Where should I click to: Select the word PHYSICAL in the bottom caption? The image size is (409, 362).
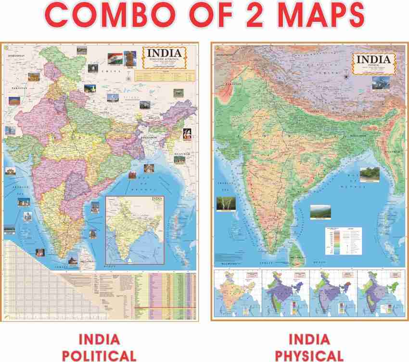pyautogui.click(x=309, y=355)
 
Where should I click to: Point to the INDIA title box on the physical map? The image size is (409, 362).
pyautogui.click(x=374, y=63)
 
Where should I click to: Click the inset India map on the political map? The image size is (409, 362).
pyautogui.click(x=135, y=229)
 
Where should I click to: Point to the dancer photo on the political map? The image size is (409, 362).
pyautogui.click(x=187, y=134)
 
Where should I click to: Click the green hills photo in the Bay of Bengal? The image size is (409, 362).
pyautogui.click(x=369, y=174)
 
